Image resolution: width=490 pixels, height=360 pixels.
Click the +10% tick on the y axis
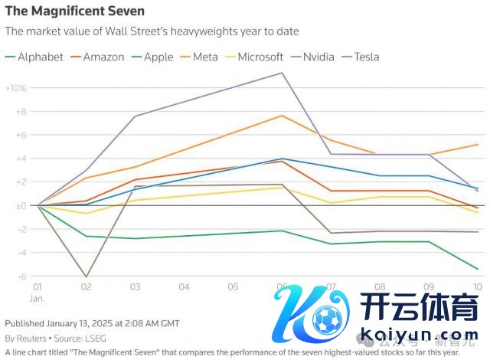pos(16,88)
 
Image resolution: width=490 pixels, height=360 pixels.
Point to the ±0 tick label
pos(20,205)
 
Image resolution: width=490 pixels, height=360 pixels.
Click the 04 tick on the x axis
pos(185,286)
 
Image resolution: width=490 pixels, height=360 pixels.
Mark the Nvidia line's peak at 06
pos(283,73)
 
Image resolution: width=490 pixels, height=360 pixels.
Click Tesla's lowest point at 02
pos(87,277)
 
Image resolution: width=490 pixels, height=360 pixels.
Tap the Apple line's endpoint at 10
pos(478,269)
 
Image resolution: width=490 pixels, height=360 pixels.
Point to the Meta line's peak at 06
pos(283,116)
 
